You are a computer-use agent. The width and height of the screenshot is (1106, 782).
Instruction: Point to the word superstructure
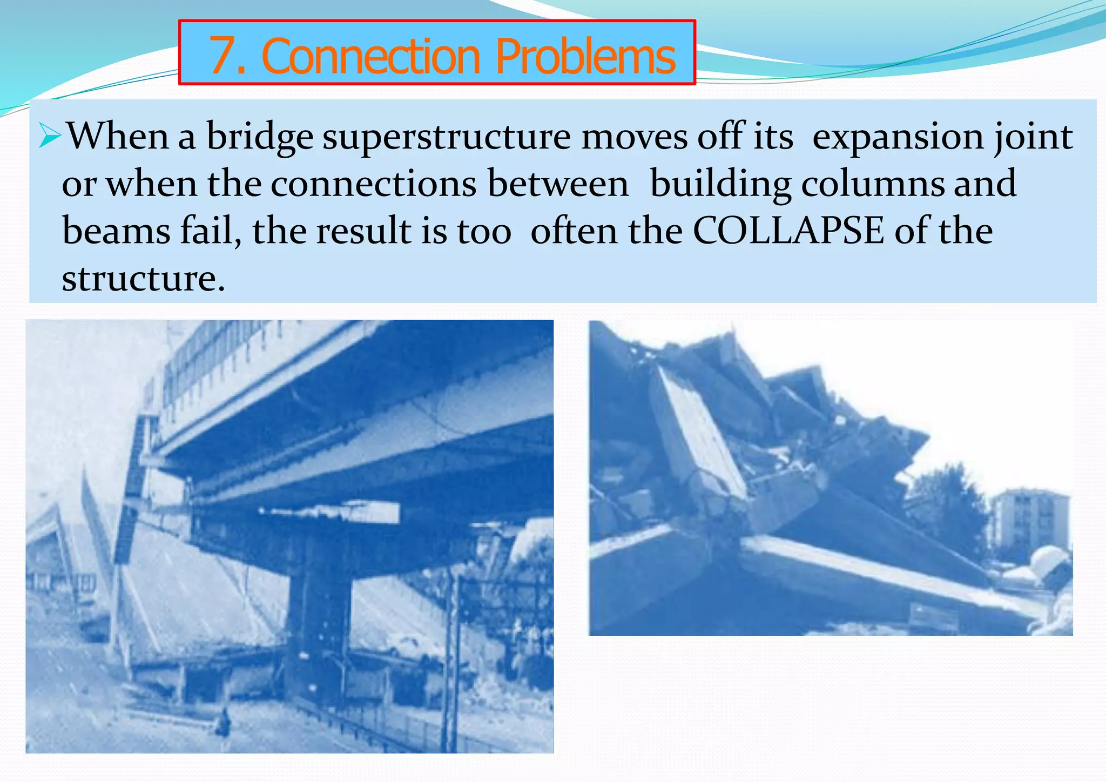446,137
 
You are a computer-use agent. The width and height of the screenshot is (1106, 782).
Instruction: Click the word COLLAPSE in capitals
788,231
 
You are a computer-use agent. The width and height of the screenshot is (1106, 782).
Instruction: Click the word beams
116,231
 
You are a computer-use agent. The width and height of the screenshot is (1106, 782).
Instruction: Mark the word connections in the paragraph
373,184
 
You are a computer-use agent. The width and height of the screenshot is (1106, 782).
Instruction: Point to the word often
574,231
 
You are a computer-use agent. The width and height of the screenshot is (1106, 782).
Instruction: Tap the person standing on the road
222,721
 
